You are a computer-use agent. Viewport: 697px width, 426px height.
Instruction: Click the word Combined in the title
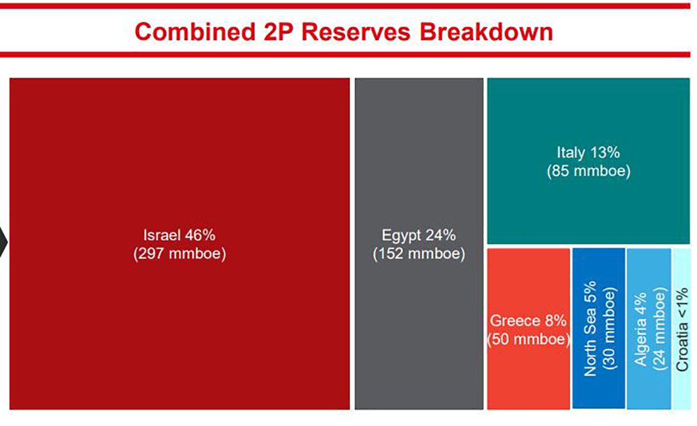195,32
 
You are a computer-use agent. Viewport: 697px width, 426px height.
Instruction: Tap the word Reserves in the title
356,32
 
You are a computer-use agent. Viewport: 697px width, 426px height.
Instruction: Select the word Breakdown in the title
487,32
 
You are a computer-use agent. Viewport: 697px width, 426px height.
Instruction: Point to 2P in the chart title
278,32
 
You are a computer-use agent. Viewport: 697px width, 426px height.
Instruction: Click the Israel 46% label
179,236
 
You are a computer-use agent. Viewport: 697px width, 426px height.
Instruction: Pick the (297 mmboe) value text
180,254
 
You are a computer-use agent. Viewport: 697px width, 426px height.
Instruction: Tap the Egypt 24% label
419,236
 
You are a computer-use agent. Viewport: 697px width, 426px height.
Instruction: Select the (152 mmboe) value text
419,254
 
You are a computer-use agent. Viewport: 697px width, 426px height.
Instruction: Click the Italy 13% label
589,152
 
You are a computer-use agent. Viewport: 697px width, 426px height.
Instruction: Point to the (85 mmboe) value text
589,171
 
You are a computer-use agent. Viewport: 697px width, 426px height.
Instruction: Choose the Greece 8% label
528,321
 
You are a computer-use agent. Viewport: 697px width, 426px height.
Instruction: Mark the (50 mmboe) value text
529,339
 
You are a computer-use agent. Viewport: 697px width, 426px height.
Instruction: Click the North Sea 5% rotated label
590,328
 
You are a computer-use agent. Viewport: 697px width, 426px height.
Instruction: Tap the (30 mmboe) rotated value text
610,328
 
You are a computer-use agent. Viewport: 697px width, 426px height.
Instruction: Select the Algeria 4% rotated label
641,329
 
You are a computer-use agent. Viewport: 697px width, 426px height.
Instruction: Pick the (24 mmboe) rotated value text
660,329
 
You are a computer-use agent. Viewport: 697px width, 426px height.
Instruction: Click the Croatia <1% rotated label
682,330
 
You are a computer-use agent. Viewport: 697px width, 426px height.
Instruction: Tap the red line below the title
345,55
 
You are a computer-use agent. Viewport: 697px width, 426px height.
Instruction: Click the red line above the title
345,6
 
